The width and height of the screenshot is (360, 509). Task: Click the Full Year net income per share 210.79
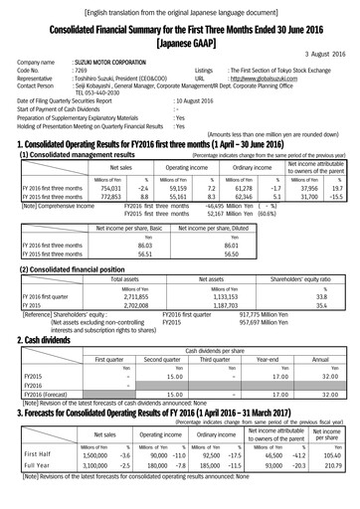(x=335, y=491)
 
